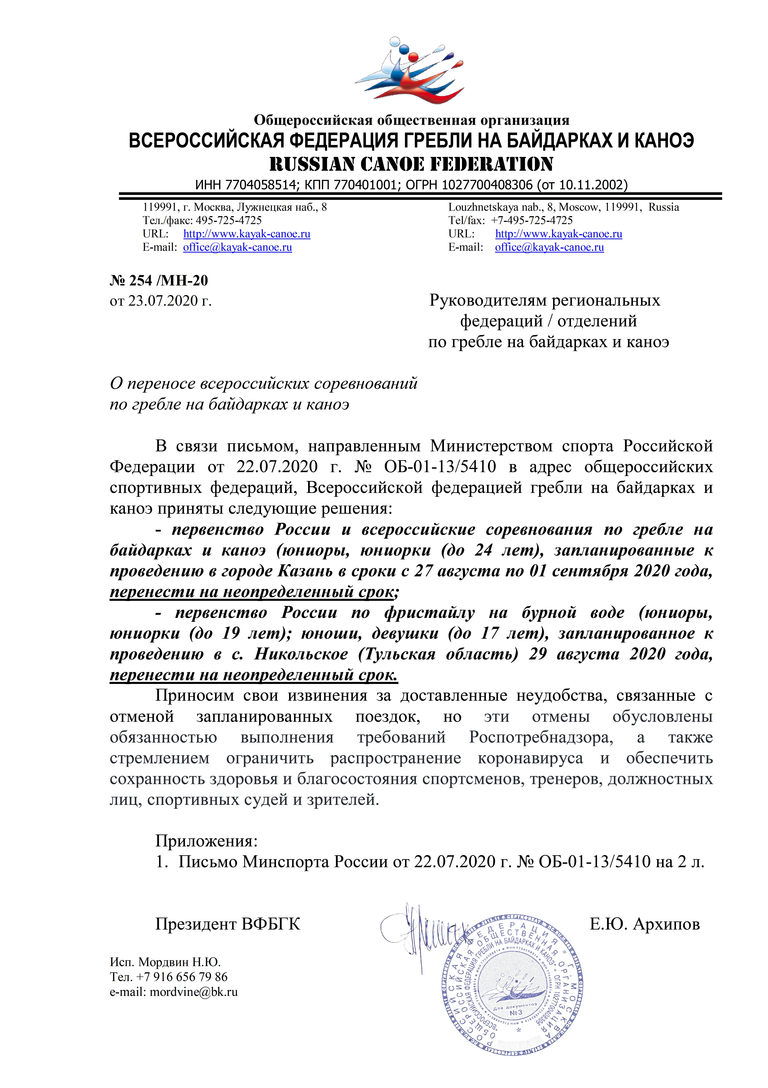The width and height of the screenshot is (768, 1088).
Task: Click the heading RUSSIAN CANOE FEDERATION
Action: coord(411,164)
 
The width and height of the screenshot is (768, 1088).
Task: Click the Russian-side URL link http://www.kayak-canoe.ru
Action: coord(247,234)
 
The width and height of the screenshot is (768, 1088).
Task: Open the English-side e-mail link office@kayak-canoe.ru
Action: coord(549,247)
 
